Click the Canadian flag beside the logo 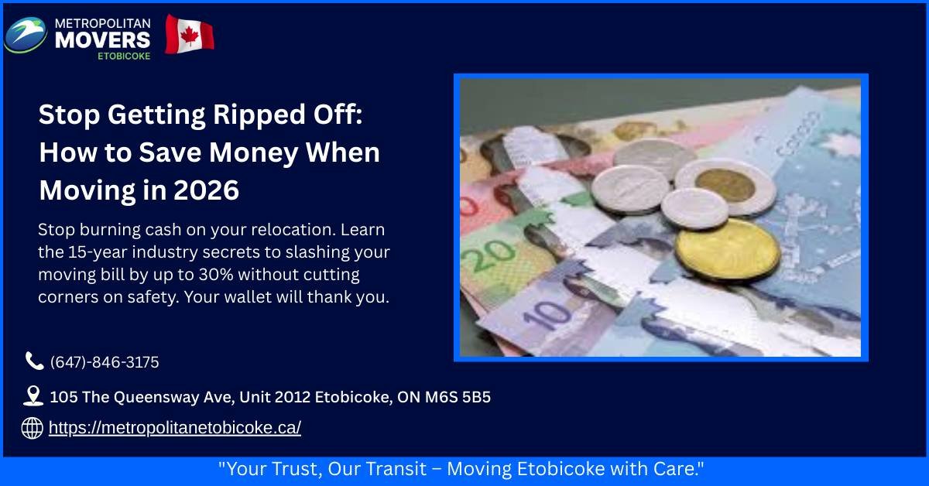[x=189, y=35]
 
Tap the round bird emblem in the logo [x=26, y=35]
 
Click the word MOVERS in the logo [x=102, y=39]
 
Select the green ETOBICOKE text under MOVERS [x=125, y=56]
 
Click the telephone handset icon [x=33, y=361]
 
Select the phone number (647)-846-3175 [x=105, y=362]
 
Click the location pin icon [x=33, y=397]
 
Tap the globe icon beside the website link [x=32, y=428]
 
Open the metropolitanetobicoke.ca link [x=174, y=428]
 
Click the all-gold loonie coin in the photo [x=726, y=249]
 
